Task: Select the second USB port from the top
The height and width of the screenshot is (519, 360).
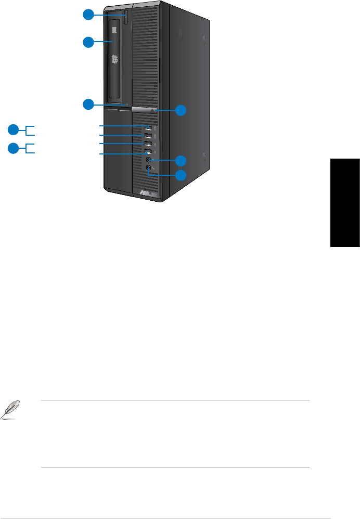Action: coord(149,136)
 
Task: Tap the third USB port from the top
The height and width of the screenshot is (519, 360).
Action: coord(149,144)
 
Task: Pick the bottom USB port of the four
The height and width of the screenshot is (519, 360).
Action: coord(149,152)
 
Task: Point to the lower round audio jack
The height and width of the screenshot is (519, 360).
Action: coord(149,168)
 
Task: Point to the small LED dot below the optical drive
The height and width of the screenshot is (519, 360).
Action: coord(127,105)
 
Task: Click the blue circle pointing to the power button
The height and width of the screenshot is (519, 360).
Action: coord(181,110)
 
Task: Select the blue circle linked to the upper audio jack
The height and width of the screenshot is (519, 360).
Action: coord(181,160)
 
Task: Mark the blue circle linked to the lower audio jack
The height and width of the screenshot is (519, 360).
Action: coord(181,175)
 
